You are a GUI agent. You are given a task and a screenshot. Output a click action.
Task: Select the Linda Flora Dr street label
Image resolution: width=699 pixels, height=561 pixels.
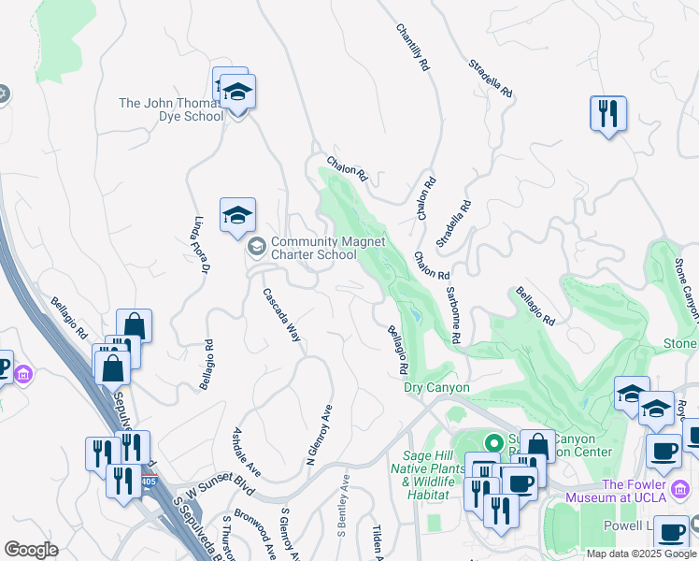pyautogui.click(x=200, y=245)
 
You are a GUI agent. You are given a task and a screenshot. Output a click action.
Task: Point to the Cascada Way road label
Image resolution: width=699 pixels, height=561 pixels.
pyautogui.click(x=281, y=313)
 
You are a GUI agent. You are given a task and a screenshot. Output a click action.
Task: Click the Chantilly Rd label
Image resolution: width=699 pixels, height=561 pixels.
pyautogui.click(x=412, y=48)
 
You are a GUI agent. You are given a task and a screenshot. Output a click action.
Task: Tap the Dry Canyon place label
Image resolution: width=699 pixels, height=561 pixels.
pyautogui.click(x=435, y=387)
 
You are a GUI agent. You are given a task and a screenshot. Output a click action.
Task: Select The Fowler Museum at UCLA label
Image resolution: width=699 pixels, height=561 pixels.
pyautogui.click(x=649, y=490)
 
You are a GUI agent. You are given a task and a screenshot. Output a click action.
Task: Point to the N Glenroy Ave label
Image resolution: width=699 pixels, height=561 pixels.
pyautogui.click(x=319, y=436)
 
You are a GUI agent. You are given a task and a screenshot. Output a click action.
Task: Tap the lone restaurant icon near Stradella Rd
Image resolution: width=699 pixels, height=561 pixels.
pyautogui.click(x=608, y=113)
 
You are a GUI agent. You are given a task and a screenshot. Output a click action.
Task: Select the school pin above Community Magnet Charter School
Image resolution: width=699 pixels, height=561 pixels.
pyautogui.click(x=237, y=215)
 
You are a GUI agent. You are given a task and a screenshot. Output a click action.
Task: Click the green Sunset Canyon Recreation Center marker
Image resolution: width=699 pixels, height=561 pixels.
pyautogui.click(x=491, y=440)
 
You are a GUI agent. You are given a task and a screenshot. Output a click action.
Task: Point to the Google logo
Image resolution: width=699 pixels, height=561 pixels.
pyautogui.click(x=31, y=550)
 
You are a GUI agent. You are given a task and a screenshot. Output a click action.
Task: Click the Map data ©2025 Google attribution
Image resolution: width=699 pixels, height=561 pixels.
pyautogui.click(x=641, y=554)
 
